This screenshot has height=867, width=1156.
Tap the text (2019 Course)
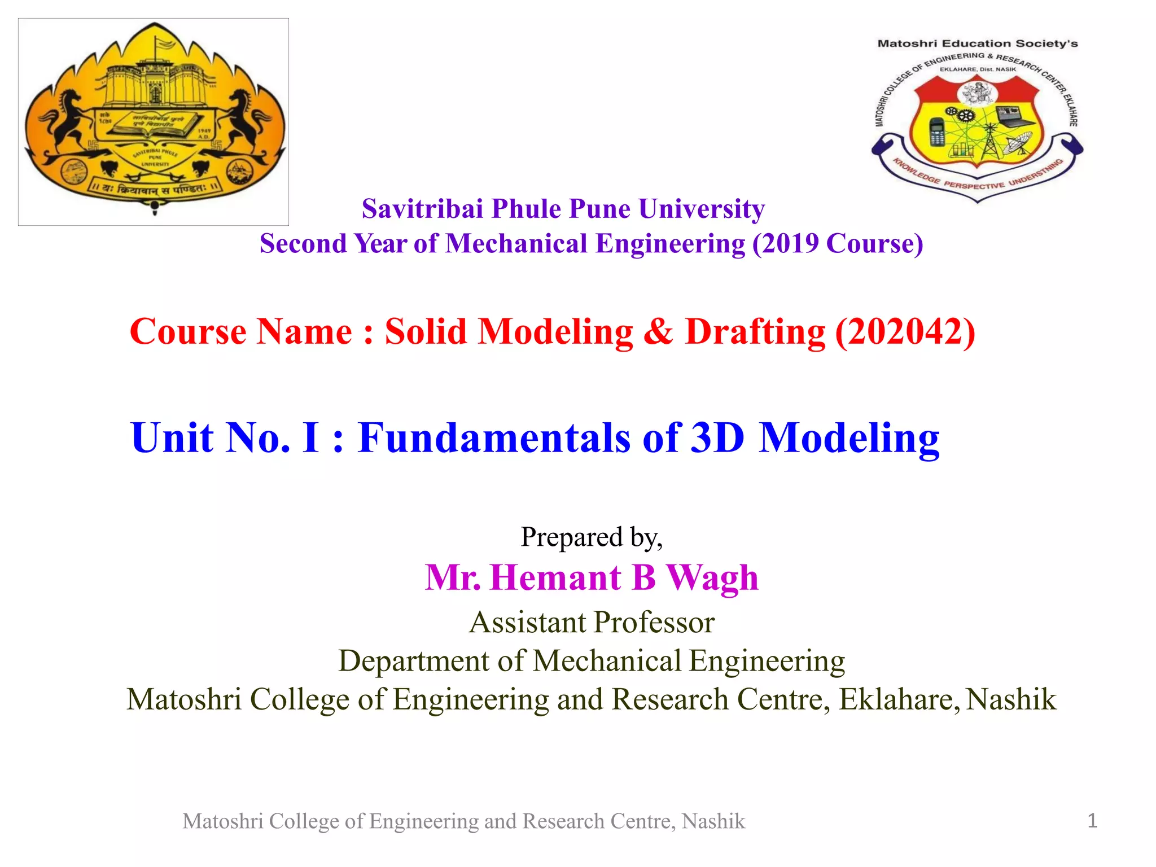(838, 244)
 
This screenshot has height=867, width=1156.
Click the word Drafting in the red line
(755, 331)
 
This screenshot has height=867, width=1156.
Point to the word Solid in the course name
(426, 331)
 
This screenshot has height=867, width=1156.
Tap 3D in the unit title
(717, 437)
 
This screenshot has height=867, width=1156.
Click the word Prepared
(571, 537)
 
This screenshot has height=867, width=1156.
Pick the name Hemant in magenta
(556, 577)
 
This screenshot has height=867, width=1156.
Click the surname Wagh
(712, 579)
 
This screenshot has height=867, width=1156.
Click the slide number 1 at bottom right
(1092, 821)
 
